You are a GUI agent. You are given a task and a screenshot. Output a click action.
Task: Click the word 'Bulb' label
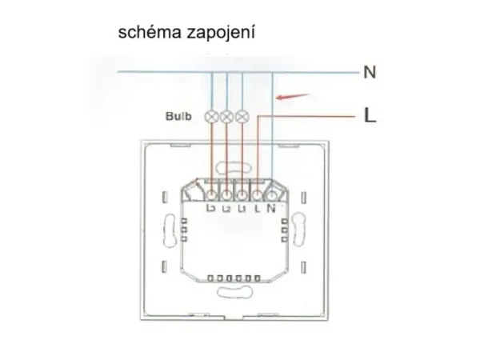[178, 117]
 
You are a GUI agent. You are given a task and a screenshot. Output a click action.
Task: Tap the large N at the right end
[370, 72]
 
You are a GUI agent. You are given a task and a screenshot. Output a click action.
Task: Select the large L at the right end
[370, 116]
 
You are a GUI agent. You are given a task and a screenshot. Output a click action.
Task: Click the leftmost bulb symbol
[212, 117]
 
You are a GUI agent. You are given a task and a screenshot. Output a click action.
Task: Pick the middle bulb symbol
[226, 117]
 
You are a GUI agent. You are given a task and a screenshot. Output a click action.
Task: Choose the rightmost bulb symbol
[242, 117]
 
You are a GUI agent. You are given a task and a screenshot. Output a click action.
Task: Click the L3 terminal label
[211, 209]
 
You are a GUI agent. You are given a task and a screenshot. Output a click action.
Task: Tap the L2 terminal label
[226, 209]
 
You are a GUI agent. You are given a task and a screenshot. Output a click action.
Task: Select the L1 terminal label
[242, 209]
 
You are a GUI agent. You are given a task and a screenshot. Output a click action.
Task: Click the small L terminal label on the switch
[256, 209]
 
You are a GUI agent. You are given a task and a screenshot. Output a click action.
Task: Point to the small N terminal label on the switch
[271, 209]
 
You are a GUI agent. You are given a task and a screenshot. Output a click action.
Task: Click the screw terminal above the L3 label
[211, 194]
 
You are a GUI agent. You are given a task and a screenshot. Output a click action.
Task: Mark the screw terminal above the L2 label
[226, 194]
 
